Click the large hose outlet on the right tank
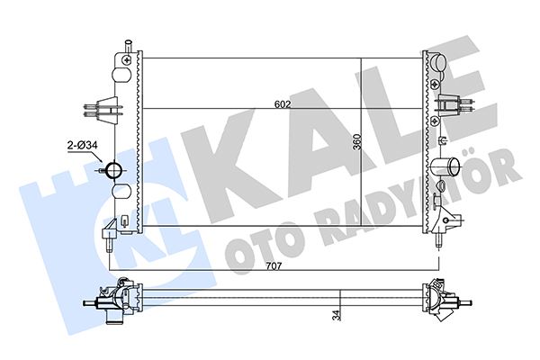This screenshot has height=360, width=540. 445,167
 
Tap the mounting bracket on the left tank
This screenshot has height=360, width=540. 103,107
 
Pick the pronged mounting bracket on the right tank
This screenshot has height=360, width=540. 451,107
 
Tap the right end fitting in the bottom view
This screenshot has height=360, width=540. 441,301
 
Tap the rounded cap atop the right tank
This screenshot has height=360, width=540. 438,62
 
